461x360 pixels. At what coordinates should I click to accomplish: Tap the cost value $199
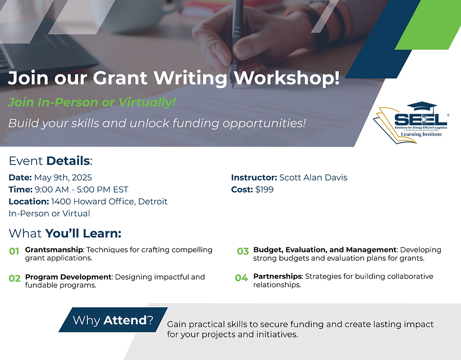point(265,190)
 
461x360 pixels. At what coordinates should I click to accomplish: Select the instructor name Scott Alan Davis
point(313,178)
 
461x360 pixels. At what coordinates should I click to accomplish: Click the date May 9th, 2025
point(63,178)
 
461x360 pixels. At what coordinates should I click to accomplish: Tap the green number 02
point(15,278)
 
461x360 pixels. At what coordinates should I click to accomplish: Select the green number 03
point(243,251)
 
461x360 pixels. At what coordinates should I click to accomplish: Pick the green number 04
point(241,278)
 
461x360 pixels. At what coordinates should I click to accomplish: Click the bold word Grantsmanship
point(54,250)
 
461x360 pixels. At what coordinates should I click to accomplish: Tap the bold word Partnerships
point(276,276)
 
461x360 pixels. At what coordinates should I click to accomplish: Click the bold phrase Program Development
point(68,277)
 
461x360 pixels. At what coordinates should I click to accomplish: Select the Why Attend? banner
point(113,320)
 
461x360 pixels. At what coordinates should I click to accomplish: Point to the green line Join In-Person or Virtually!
point(92,102)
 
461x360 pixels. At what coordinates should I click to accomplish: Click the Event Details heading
point(50,161)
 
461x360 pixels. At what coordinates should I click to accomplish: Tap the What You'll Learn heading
point(65,233)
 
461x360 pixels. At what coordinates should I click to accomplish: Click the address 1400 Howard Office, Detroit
point(109,202)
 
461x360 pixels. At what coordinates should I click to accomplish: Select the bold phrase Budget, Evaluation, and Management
point(325,250)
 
